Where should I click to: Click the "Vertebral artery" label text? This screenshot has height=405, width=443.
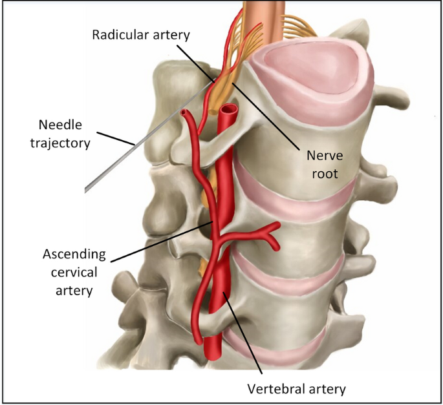(x=297, y=388)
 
